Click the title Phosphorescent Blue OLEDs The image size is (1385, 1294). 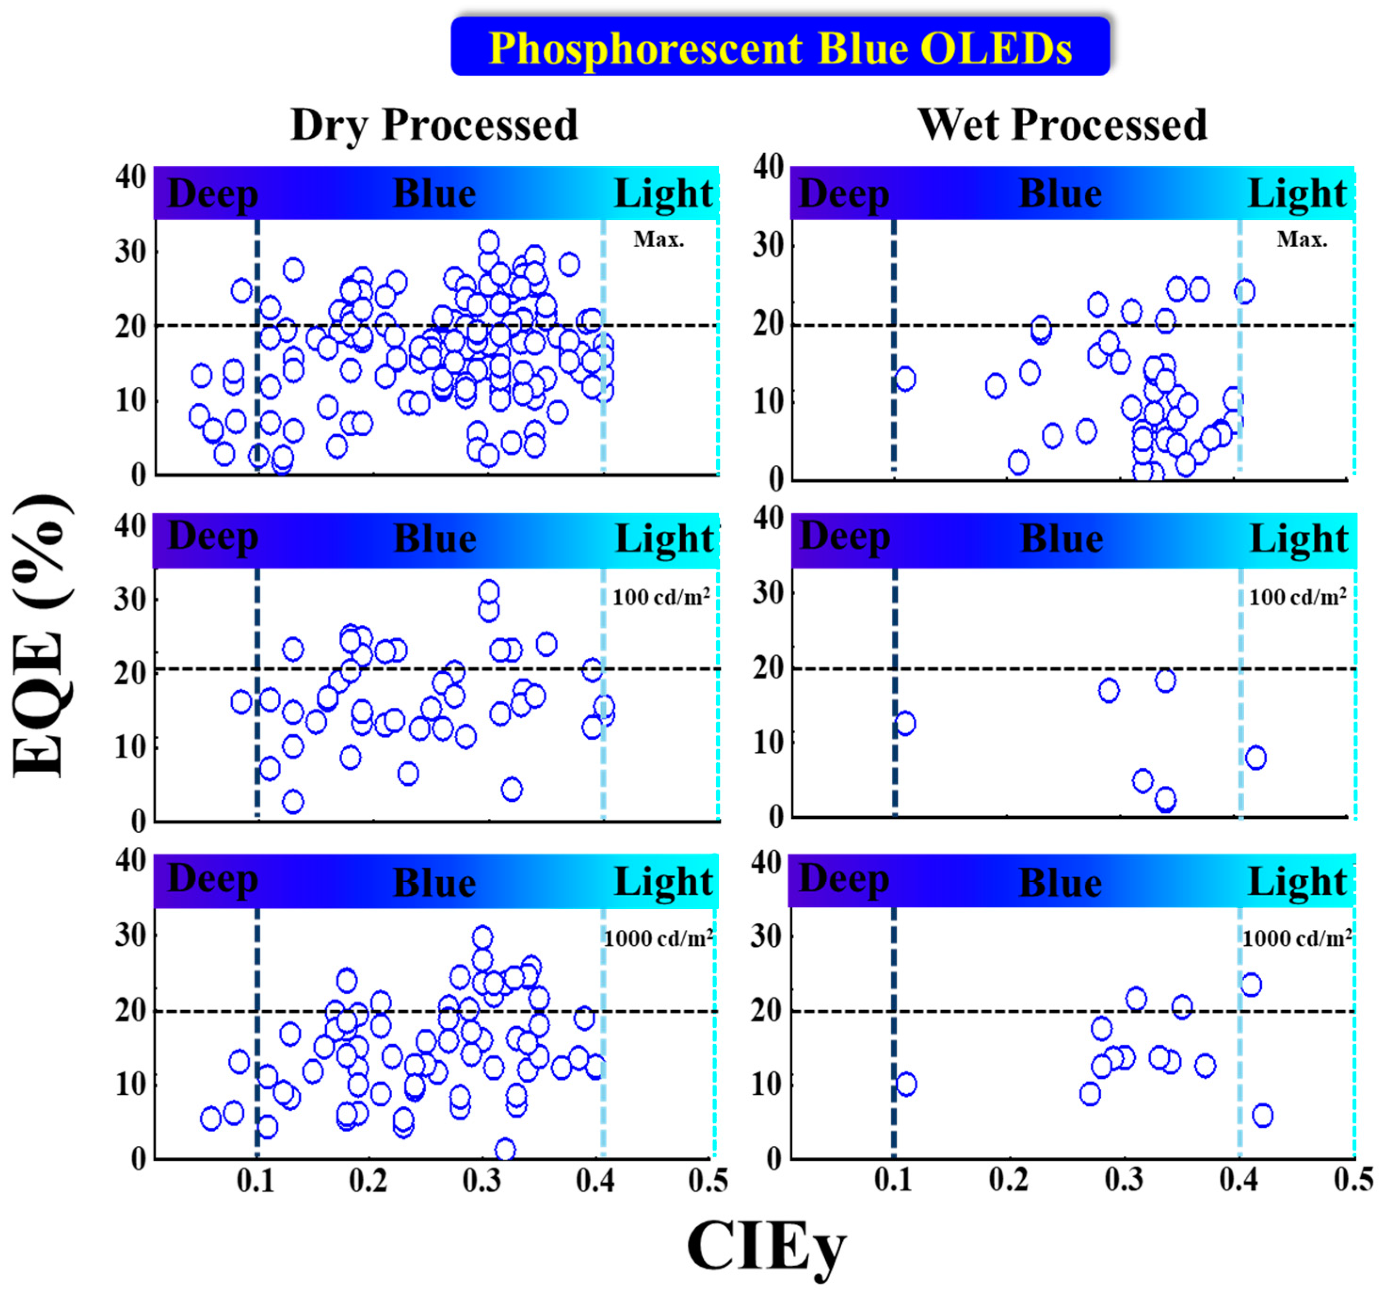click(x=780, y=48)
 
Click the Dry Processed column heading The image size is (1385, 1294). click(x=434, y=125)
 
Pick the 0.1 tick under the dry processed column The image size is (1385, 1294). click(x=255, y=1181)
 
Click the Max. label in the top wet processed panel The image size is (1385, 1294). click(x=1301, y=240)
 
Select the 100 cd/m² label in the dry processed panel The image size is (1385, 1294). click(x=660, y=597)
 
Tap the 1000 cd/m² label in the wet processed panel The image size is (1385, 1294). click(x=1296, y=938)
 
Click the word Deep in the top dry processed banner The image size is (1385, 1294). click(x=212, y=193)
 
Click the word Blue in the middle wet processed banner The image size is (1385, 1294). click(x=1061, y=538)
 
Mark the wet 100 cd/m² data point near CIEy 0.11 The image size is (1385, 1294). click(x=904, y=723)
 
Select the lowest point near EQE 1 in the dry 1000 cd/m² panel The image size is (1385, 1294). click(x=505, y=1149)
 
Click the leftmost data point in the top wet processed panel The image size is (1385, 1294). click(x=904, y=379)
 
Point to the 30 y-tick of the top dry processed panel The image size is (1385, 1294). click(x=130, y=252)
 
